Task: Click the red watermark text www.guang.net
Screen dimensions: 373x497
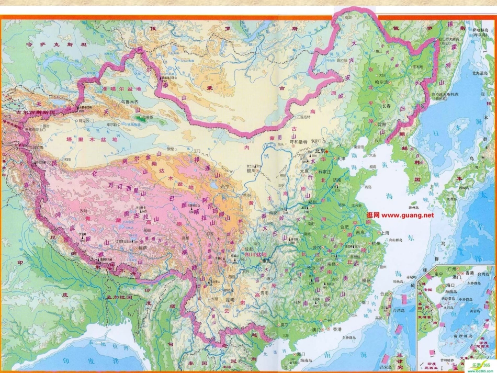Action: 400,215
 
